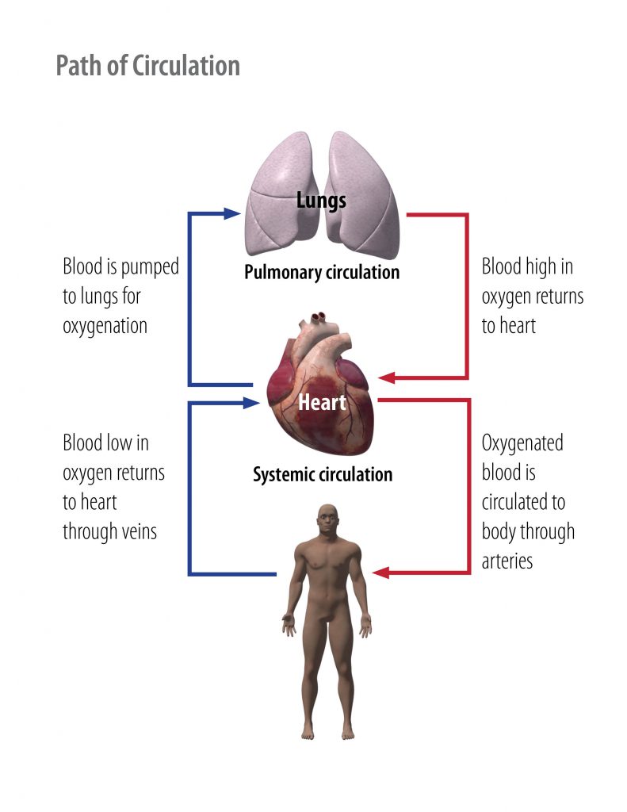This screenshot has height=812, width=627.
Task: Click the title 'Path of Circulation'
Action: click(x=147, y=66)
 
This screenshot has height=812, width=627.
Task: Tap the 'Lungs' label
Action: click(x=321, y=200)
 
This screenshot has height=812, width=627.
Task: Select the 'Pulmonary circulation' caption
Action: click(x=322, y=273)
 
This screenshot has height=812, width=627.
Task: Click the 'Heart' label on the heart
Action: click(x=322, y=402)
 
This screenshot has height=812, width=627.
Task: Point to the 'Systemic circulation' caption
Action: click(x=323, y=475)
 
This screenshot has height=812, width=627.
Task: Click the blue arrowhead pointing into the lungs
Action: click(x=231, y=213)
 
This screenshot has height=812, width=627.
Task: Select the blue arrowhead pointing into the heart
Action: click(x=253, y=403)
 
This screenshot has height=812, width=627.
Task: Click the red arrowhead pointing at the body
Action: click(x=380, y=573)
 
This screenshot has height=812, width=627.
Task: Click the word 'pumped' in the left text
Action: click(x=151, y=267)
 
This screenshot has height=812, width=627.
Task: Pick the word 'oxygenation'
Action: click(x=105, y=326)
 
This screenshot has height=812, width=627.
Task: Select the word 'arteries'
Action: click(x=507, y=561)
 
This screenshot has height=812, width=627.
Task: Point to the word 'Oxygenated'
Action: click(x=522, y=443)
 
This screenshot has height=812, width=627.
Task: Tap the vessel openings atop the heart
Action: click(x=318, y=320)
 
